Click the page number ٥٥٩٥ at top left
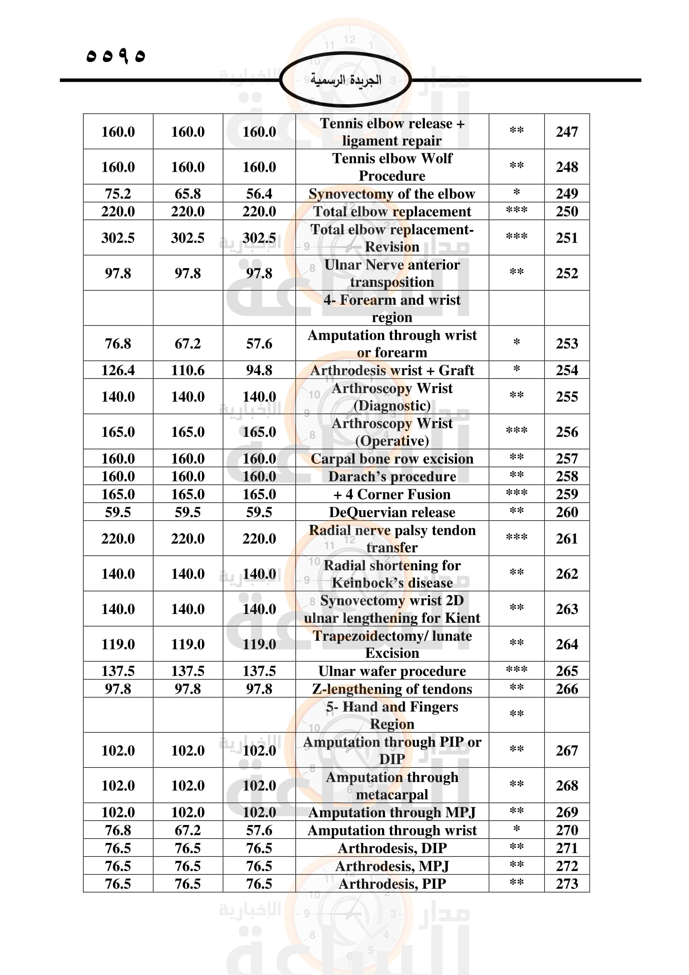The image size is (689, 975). click(x=115, y=56)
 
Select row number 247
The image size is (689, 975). click(x=567, y=132)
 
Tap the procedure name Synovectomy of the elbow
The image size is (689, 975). click(x=392, y=194)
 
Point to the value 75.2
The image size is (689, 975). click(x=118, y=194)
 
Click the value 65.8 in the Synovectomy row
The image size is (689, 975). click(x=187, y=194)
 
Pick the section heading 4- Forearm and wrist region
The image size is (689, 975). click(x=392, y=308)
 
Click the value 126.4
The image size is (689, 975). click(x=118, y=370)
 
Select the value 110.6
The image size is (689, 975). click(x=187, y=370)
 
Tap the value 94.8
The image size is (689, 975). click(x=259, y=370)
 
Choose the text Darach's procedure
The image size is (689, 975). click(x=392, y=476)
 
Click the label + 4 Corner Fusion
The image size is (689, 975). click(x=392, y=494)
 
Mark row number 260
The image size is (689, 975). click(x=567, y=512)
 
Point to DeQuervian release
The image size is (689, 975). click(x=392, y=512)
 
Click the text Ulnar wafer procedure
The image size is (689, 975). click(x=392, y=671)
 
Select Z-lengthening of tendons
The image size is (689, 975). click(x=392, y=689)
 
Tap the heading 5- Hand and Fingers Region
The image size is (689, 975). click(x=392, y=715)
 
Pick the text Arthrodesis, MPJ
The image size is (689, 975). click(x=392, y=866)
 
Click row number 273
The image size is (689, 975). click(x=567, y=884)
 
